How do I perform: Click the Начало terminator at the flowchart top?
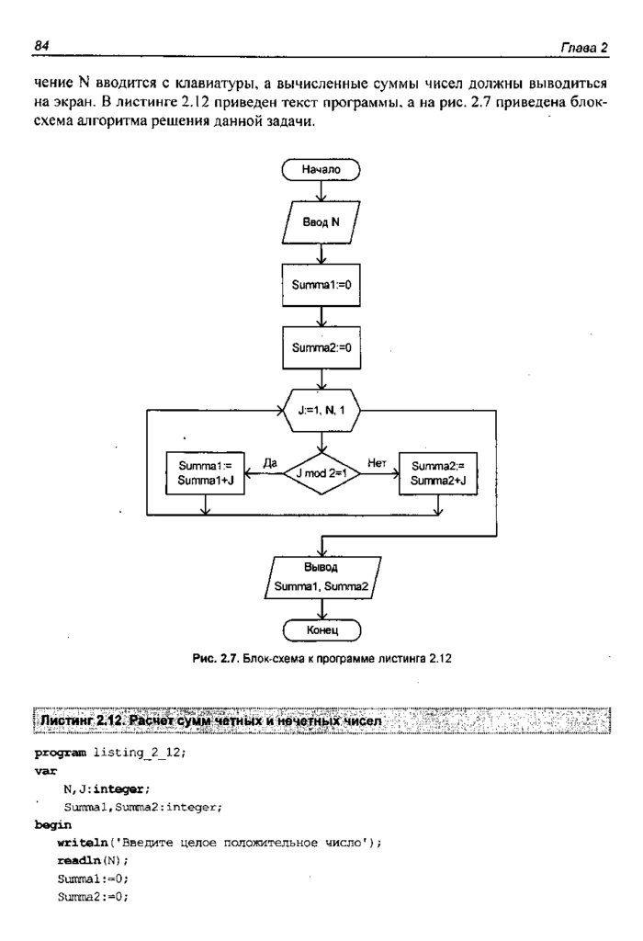[x=321, y=170]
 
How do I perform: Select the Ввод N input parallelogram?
[x=321, y=223]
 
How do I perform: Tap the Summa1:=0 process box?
[x=321, y=286]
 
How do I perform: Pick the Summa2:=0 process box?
[x=321, y=348]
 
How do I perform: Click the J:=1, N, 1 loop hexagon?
[x=321, y=411]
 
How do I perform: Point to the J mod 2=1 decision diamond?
[x=321, y=473]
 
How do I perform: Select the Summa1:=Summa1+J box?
[x=204, y=473]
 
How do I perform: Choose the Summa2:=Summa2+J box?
[x=438, y=473]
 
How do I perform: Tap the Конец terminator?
[x=321, y=631]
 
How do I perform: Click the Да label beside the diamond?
[x=269, y=463]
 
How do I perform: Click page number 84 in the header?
[x=40, y=45]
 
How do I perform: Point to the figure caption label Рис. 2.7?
[x=216, y=659]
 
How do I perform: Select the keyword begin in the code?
[x=52, y=824]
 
